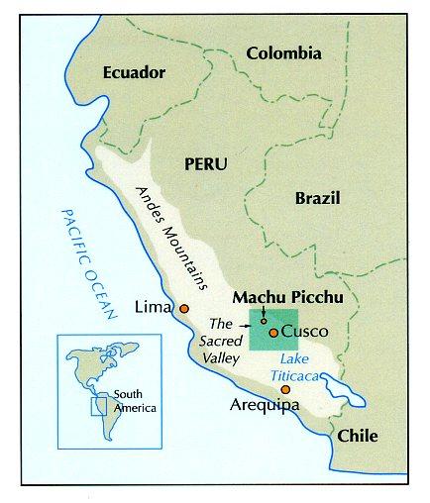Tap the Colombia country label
(x=284, y=52)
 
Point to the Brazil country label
(x=317, y=198)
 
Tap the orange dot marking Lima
(x=183, y=309)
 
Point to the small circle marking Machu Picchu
(x=264, y=320)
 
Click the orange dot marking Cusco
(x=272, y=332)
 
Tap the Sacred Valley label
(x=221, y=340)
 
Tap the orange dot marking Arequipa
(x=285, y=390)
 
